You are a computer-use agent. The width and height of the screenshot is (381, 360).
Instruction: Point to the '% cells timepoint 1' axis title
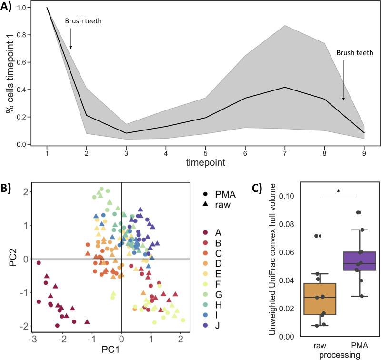pyautogui.click(x=10, y=76)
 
